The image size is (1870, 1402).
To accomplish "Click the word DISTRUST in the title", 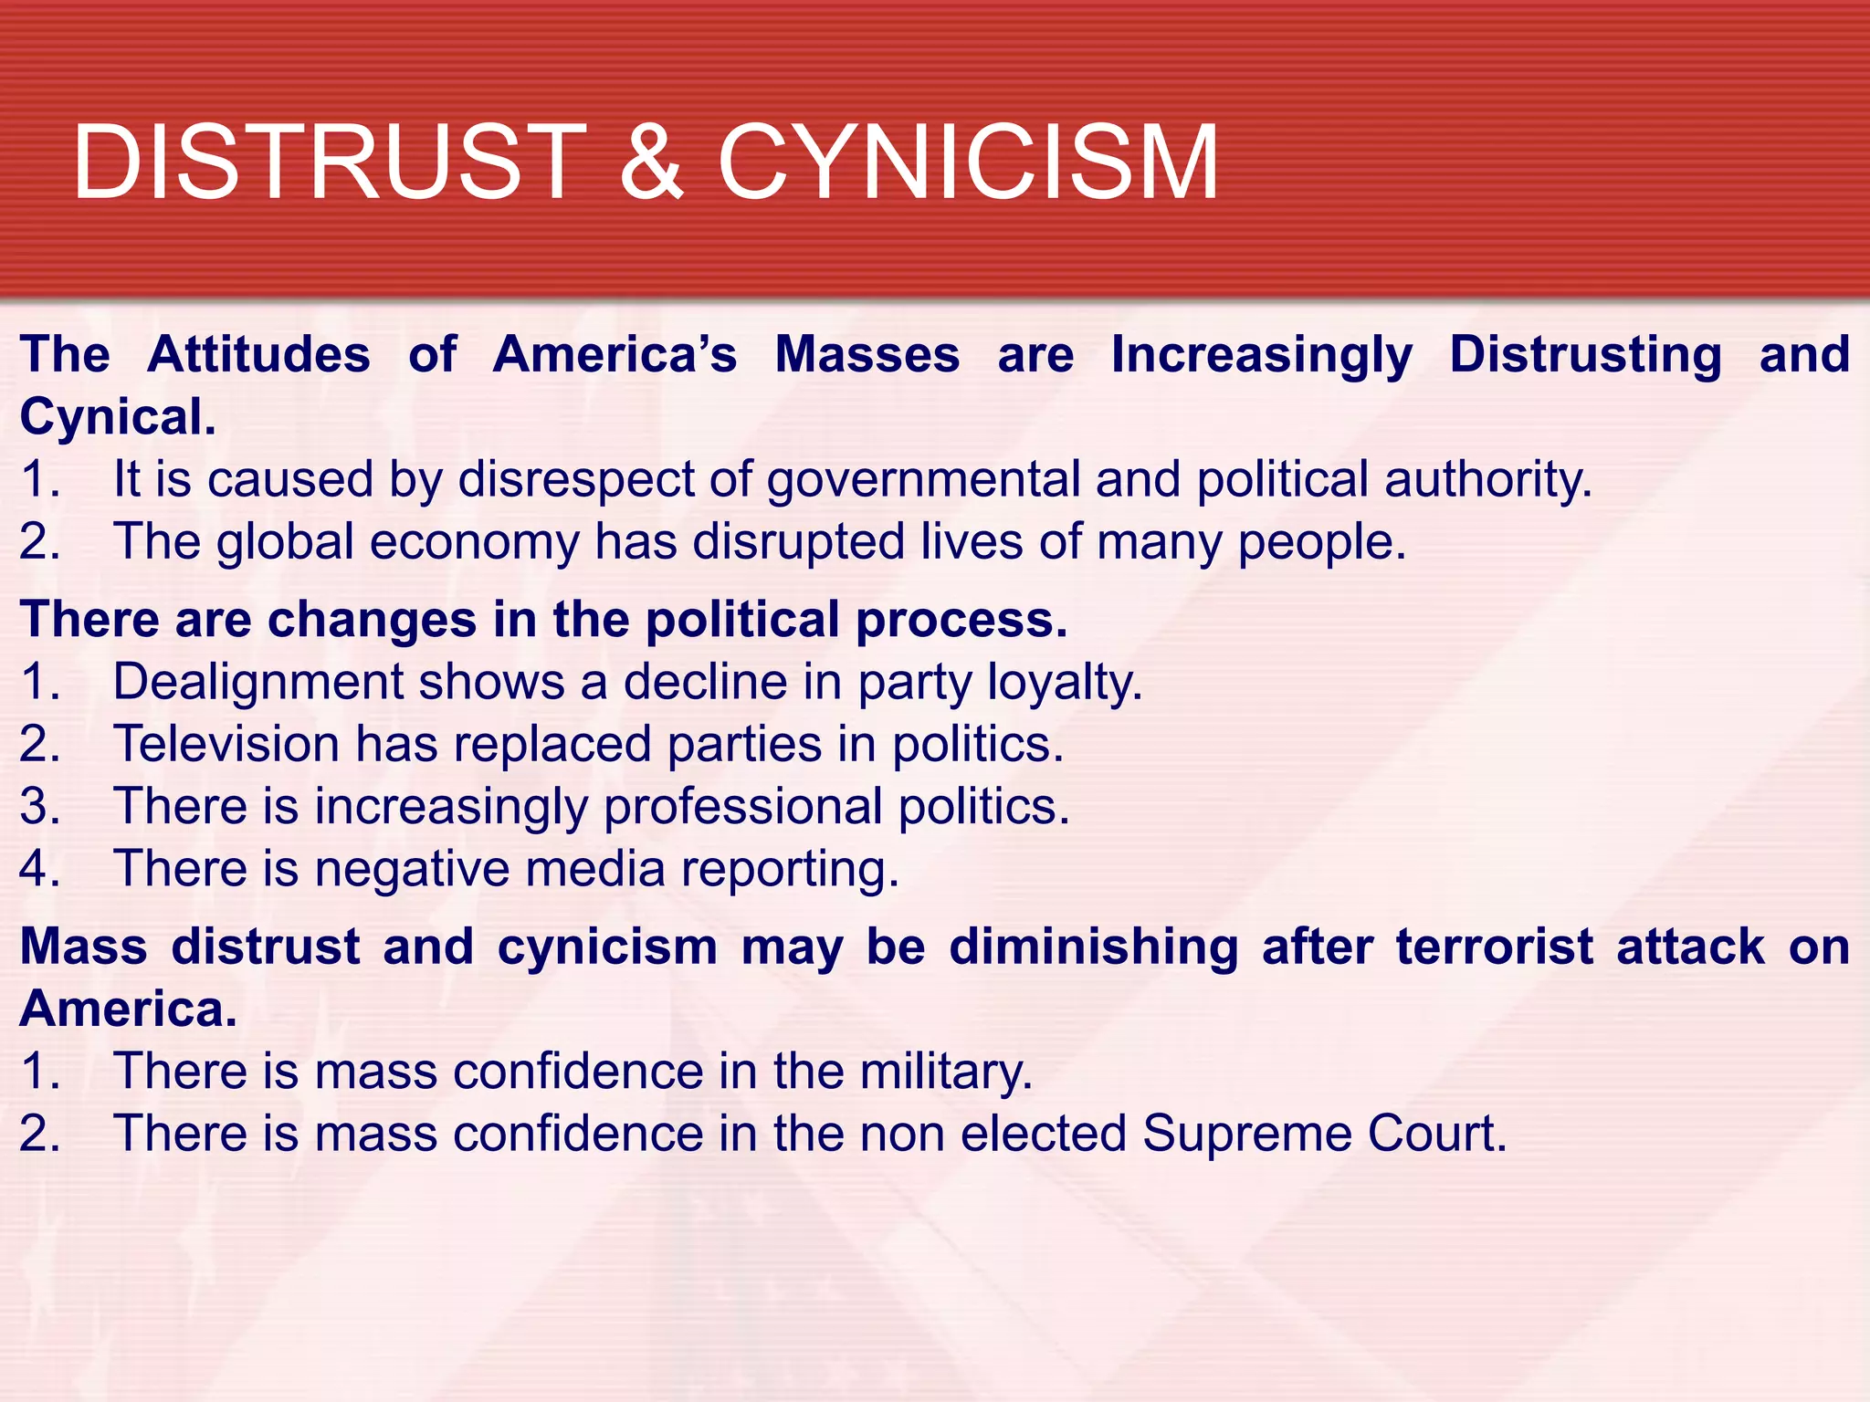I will pos(329,162).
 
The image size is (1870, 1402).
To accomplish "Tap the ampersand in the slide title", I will pos(651,162).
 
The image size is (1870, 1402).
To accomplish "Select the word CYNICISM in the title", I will pos(968,162).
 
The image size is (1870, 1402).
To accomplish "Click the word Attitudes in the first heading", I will pos(258,354).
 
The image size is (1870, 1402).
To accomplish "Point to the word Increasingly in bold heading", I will pos(1262,356).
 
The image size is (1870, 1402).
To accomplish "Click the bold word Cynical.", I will pos(118,417).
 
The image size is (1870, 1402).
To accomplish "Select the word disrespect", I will pos(575,480).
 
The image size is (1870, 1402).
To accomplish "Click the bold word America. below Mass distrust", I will pos(128,1010).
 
